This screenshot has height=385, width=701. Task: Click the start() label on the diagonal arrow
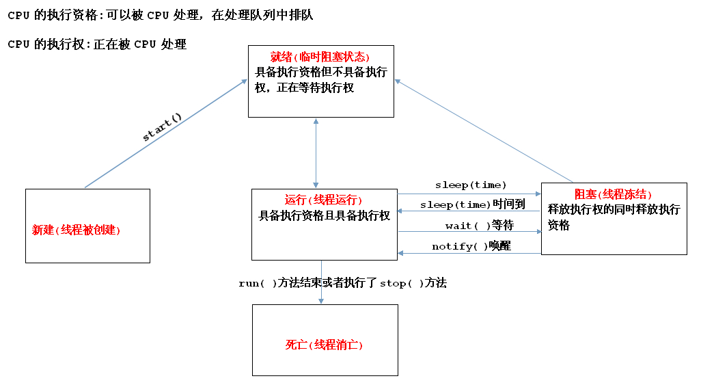pos(162,127)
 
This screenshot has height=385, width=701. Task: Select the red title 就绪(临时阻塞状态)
pos(320,57)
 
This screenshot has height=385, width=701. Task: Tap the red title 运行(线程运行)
pos(323,200)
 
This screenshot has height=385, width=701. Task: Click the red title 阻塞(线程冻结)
pos(614,195)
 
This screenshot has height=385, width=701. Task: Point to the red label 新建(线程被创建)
pos(76,230)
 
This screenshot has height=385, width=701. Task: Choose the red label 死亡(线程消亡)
pos(324,345)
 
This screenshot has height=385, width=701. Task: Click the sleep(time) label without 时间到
pos(471,185)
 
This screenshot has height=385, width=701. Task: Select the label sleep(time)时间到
pos(472,204)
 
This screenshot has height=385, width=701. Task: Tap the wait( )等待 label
pos(479,226)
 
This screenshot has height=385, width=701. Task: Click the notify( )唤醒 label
pos(471,246)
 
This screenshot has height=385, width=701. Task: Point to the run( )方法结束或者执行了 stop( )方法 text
pos(342,282)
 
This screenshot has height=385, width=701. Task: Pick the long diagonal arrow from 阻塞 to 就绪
pos(478,130)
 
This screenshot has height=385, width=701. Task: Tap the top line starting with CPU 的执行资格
pos(160,14)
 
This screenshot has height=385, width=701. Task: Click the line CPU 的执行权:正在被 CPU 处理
pos(97,44)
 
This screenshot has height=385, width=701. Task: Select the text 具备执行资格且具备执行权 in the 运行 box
pos(324,215)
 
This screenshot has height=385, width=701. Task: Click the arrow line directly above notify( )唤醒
pos(470,232)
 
